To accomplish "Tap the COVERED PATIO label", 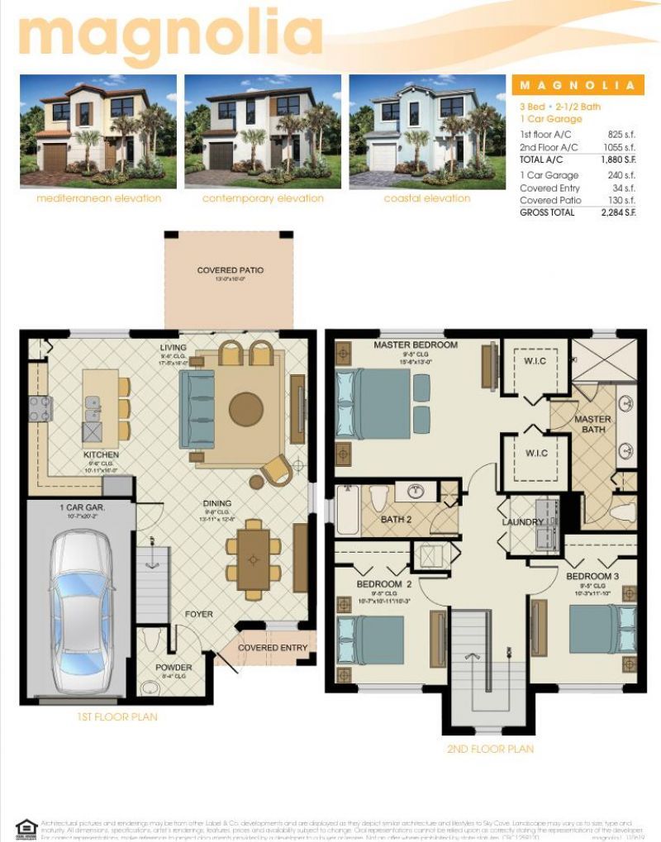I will click(x=231, y=270).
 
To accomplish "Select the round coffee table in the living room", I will click(x=246, y=409).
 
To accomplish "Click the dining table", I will click(x=253, y=559).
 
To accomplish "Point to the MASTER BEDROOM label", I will click(x=415, y=344).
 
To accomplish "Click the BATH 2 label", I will click(x=396, y=519).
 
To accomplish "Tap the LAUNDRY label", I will click(x=522, y=522).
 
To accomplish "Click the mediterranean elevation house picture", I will click(x=98, y=131).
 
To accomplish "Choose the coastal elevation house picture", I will click(x=426, y=131).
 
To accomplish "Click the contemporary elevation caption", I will click(x=263, y=198).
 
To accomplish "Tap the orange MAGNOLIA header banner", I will click(x=577, y=85).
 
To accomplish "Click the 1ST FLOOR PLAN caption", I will click(x=117, y=716).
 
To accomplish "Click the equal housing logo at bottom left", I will click(x=26, y=827).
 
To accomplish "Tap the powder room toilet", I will click(x=150, y=640).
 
